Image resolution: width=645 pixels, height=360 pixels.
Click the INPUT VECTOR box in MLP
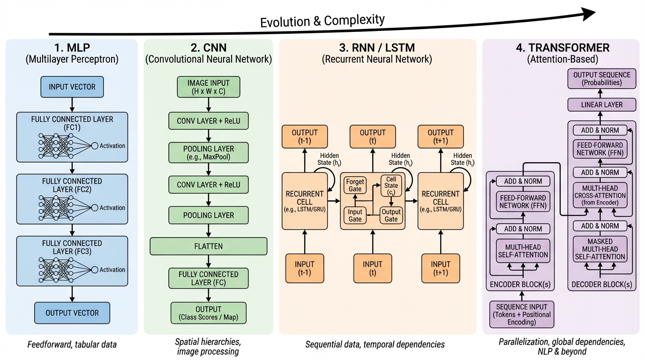(x=72, y=88)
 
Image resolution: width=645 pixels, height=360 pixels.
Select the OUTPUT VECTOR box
(x=72, y=313)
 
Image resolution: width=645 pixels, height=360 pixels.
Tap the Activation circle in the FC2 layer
(x=94, y=208)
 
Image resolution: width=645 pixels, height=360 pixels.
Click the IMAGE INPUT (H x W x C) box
(x=208, y=87)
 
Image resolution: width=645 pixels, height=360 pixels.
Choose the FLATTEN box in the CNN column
(x=208, y=246)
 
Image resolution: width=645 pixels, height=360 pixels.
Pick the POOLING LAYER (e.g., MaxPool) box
(x=208, y=153)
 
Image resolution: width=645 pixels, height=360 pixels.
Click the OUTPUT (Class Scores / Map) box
(x=208, y=313)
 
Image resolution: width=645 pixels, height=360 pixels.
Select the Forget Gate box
(x=355, y=185)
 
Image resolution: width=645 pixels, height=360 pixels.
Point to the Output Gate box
(x=391, y=216)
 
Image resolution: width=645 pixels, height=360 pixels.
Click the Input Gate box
(x=355, y=216)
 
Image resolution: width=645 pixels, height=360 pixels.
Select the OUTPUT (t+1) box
(x=441, y=136)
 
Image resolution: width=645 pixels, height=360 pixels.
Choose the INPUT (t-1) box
(x=305, y=268)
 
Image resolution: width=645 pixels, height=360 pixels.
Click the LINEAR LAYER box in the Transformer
(x=602, y=105)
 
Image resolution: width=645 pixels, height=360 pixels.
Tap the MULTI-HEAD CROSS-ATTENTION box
(x=602, y=195)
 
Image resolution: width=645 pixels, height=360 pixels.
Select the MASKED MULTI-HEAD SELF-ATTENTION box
(x=602, y=249)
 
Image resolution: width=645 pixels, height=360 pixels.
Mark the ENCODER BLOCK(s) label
(x=521, y=285)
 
